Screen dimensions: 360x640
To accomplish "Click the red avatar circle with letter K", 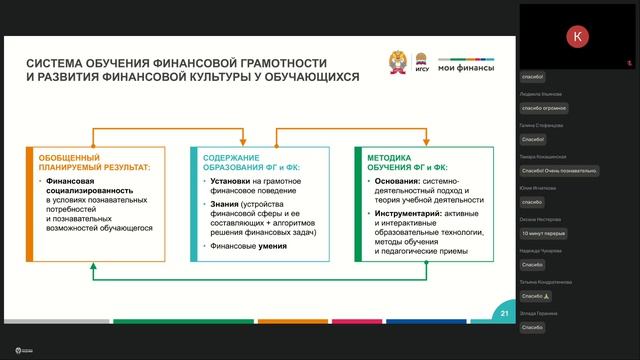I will click(578, 37).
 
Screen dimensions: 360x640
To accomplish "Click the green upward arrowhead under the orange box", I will click(94, 267).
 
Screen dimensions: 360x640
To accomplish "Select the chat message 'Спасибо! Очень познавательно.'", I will click(558, 170).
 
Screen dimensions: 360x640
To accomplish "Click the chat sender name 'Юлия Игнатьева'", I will click(537, 187).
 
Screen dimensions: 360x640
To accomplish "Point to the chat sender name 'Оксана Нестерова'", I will click(539, 218).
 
